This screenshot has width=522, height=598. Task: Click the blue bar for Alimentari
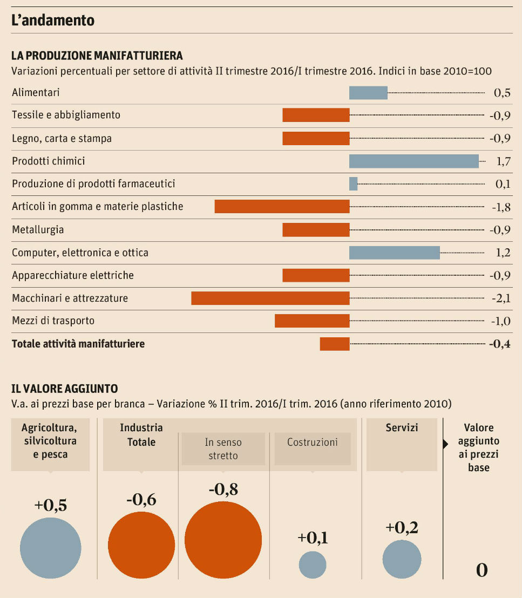coord(368,93)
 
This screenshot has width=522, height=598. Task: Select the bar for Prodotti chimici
coord(413,161)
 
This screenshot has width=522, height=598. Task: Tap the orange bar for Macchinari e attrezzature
coord(270,298)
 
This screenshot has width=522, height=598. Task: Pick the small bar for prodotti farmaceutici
coord(354,184)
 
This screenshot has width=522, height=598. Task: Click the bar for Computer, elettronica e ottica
coord(394,253)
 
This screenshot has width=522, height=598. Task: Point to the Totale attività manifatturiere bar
coord(335,344)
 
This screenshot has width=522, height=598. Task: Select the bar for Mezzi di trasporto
coord(312,321)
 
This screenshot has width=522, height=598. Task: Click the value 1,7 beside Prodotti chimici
coord(502,161)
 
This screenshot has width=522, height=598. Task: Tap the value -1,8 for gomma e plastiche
coord(500,207)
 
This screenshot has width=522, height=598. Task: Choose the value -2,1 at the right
coord(500,298)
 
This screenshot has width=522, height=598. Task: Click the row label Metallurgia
coord(38,230)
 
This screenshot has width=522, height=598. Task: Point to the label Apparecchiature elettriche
coord(73,275)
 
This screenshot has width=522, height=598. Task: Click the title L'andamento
coord(53,21)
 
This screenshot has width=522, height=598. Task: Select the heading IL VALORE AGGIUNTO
coord(65,389)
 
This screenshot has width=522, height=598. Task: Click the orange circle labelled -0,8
coord(223,540)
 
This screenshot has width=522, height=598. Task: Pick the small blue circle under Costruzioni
coord(313,565)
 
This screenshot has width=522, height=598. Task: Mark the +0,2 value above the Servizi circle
coord(402,528)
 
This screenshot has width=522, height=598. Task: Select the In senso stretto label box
coord(223,448)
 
